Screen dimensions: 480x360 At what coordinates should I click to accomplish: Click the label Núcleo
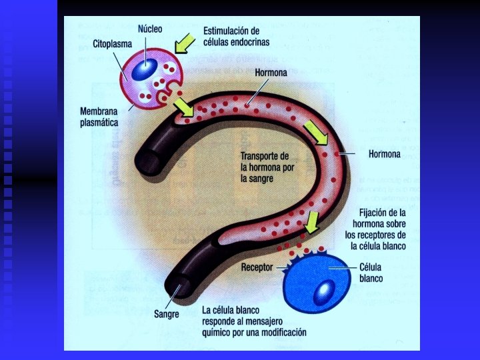(149, 29)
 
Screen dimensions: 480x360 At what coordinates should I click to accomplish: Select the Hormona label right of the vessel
(384, 155)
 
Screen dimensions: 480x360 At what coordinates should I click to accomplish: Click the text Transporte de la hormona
(267, 167)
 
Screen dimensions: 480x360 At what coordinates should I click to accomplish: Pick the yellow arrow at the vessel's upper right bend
(316, 133)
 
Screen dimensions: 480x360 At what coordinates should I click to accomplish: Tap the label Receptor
(257, 267)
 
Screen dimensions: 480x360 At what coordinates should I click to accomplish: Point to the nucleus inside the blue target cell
(325, 290)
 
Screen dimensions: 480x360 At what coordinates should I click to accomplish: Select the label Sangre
(167, 313)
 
